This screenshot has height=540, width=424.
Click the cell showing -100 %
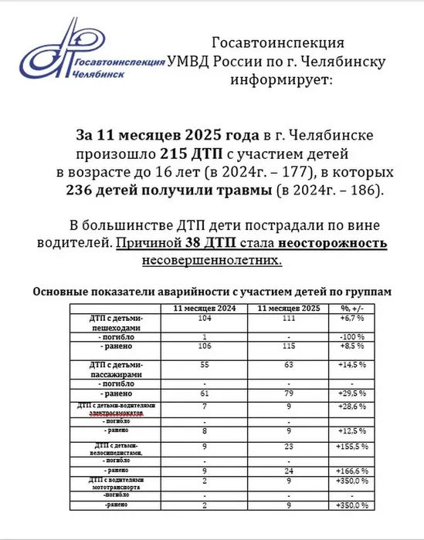(352, 337)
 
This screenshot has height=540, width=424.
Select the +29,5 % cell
(352, 394)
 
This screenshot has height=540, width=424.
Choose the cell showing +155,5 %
(352, 447)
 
